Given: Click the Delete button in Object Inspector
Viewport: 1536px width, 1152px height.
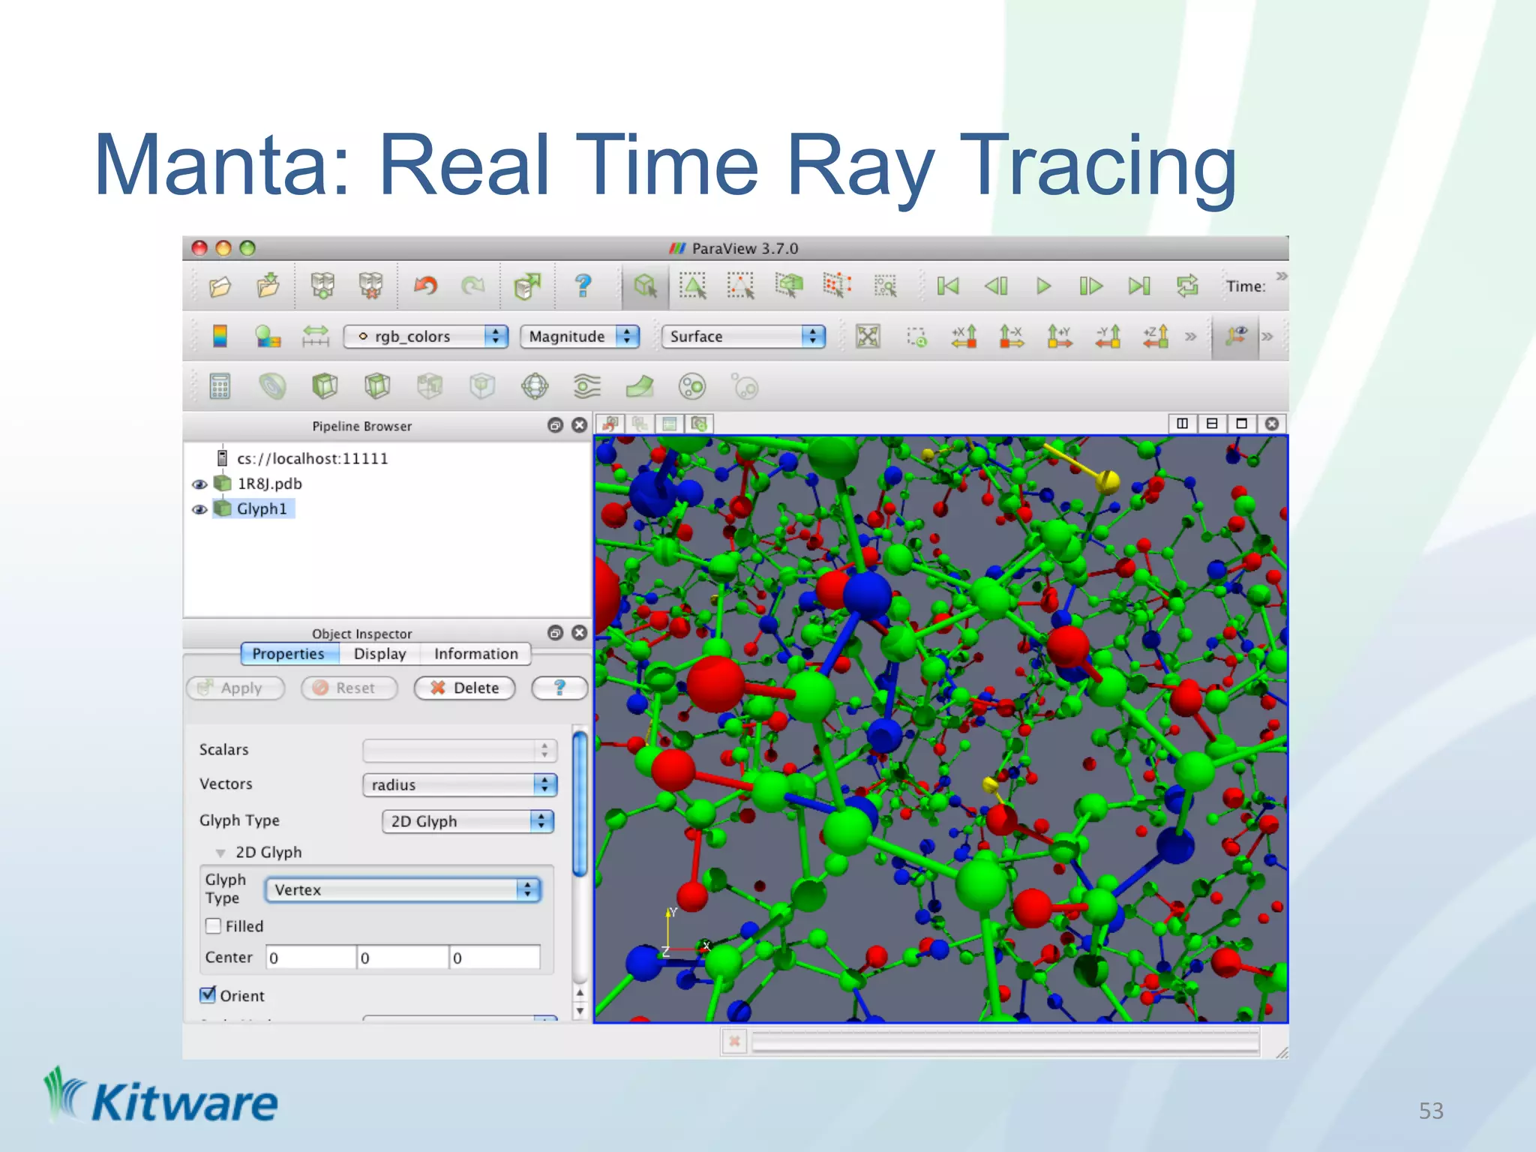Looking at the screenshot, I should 464,688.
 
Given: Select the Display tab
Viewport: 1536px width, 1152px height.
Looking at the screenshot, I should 379,654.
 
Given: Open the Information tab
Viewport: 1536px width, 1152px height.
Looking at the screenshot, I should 475,654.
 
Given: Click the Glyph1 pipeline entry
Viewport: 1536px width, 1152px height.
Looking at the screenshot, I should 261,509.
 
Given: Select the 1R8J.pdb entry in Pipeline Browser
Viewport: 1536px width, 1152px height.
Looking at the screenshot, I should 269,484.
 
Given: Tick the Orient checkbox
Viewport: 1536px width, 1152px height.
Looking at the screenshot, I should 208,995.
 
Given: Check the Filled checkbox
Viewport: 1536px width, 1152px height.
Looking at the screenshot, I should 214,926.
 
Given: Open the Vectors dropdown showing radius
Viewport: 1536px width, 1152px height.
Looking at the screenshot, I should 460,785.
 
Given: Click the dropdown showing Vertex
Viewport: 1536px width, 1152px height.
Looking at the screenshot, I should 403,890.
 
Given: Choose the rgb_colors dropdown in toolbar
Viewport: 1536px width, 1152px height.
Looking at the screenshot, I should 425,337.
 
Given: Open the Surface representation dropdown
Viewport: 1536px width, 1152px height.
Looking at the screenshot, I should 742,337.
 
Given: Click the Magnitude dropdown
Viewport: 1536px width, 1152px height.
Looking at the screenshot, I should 579,337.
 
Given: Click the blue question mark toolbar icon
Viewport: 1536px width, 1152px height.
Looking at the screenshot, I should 583,286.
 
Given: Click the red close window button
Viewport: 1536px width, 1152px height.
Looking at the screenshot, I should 199,248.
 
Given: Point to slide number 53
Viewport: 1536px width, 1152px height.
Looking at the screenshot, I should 1430,1111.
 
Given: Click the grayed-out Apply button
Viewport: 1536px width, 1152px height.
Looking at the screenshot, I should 235,688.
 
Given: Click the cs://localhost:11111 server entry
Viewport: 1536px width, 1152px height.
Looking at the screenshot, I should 312,459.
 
